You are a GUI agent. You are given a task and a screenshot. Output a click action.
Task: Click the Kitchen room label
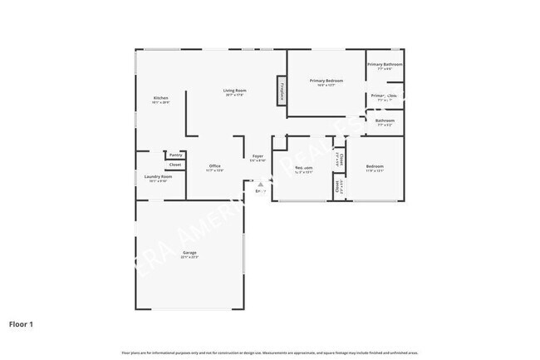click(160, 98)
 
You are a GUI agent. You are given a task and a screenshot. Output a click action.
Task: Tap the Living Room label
click(234, 90)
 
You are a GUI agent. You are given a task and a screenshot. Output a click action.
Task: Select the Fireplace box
click(282, 91)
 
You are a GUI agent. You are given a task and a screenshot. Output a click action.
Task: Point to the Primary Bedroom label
click(326, 81)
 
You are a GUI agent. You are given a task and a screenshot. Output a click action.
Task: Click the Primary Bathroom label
click(385, 64)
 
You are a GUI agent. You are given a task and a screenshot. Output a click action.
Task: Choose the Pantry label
click(175, 155)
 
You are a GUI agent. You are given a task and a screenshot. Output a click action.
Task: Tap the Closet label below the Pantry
click(175, 165)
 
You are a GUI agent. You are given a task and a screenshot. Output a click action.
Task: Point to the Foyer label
click(258, 156)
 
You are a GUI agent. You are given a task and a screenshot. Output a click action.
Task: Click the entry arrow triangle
click(260, 185)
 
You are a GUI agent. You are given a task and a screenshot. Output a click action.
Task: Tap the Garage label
click(189, 252)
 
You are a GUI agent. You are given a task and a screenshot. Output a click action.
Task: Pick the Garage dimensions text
click(189, 257)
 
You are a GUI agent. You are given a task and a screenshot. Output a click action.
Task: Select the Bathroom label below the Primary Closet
click(385, 121)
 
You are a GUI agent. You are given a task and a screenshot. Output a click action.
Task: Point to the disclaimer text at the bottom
click(269, 353)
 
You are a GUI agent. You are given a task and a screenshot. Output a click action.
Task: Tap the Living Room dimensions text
click(234, 95)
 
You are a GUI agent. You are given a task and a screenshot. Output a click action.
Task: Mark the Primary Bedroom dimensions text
click(326, 86)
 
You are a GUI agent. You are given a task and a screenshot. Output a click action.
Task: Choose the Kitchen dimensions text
click(160, 103)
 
